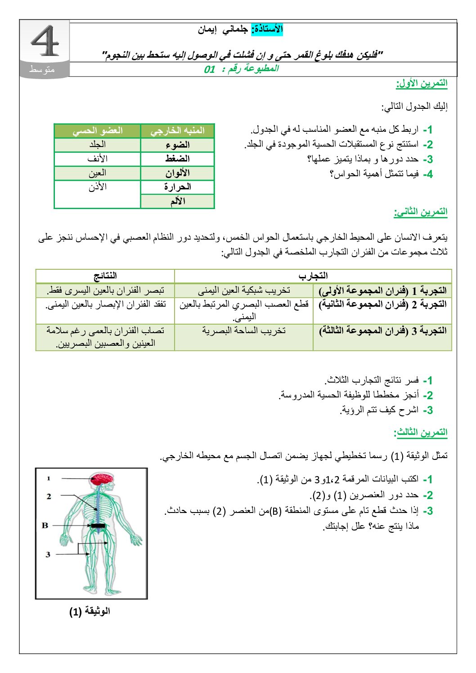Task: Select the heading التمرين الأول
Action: point(422,83)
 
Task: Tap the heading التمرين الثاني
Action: point(421,212)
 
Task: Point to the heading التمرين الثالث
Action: point(421,432)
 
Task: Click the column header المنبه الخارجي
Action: point(177,131)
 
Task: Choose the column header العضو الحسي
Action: point(97,131)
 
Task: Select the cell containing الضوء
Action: point(177,145)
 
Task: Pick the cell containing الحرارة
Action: point(177,187)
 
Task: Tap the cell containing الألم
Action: point(177,201)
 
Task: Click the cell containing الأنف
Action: point(97,159)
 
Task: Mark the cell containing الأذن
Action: point(97,187)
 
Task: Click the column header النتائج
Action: point(105,276)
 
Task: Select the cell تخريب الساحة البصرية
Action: point(243,331)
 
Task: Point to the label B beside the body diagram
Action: point(45,525)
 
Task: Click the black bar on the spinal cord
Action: point(98,526)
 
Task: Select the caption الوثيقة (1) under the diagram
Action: point(90,611)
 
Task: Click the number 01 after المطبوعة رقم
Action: point(210,69)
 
